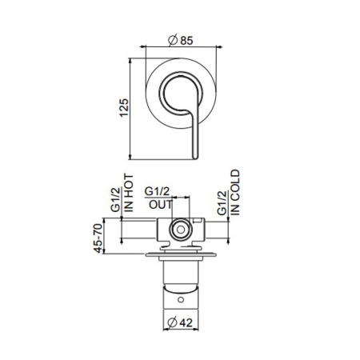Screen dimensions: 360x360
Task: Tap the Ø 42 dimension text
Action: coord(181,324)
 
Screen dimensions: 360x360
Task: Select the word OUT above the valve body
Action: coord(158,204)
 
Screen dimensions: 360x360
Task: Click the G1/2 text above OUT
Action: coord(158,192)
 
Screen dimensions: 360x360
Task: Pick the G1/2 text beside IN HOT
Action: coord(115,198)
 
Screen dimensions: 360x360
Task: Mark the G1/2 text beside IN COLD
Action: coord(222,198)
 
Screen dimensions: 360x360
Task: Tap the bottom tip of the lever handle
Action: coord(193,156)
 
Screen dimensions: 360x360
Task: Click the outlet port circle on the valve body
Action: coord(182,231)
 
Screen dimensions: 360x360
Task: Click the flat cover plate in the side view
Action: coord(182,255)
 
